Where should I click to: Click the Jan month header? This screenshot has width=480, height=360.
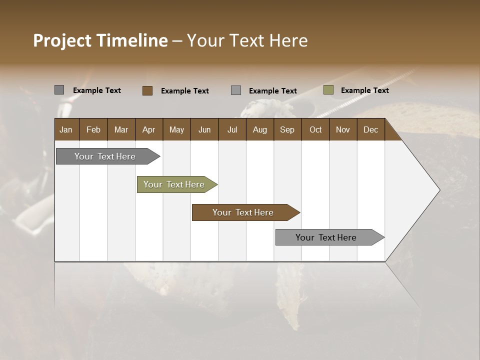[x=66, y=129]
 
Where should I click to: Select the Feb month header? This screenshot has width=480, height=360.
[x=93, y=129]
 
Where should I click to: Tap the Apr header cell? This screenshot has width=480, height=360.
[x=148, y=129]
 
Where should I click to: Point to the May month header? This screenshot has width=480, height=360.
[x=176, y=129]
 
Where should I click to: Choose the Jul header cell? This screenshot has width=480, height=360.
[x=232, y=129]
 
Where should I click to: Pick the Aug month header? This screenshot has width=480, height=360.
[x=259, y=129]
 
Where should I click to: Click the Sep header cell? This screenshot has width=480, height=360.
[x=287, y=129]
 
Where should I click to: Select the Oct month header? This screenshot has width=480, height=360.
[x=315, y=129]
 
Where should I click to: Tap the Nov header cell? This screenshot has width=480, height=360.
[x=343, y=129]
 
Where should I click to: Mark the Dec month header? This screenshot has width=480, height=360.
[x=370, y=129]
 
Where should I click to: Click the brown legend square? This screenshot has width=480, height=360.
[x=147, y=90]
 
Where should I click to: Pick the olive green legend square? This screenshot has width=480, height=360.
[x=328, y=90]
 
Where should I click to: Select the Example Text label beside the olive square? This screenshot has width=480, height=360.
[x=364, y=90]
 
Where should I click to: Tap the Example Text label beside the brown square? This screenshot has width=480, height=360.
[x=184, y=91]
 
